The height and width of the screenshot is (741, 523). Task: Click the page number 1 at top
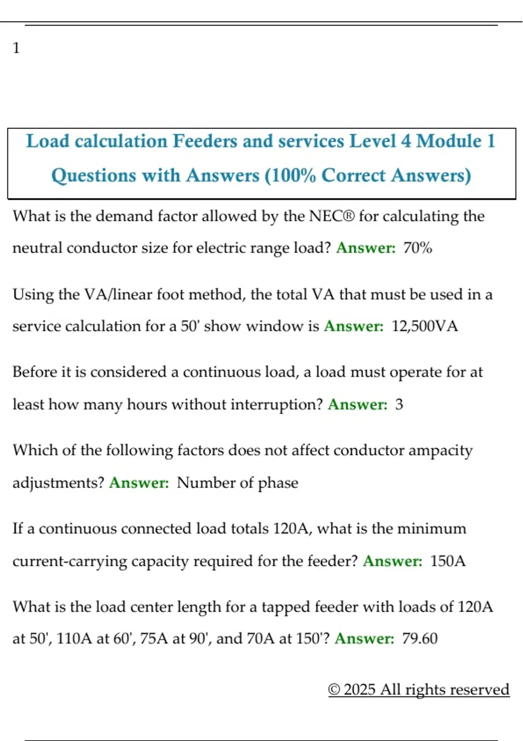point(16,48)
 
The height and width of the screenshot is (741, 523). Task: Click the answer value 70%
point(418,248)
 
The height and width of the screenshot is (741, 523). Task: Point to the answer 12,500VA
point(425,326)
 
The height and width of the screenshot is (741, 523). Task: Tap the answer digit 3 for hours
point(399,404)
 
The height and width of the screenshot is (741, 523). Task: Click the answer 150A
point(448,561)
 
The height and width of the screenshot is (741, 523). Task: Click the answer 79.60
point(420,639)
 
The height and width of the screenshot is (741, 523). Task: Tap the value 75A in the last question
point(154,639)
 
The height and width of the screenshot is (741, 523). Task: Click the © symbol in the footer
point(334,690)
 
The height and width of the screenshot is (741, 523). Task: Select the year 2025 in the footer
point(359,690)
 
